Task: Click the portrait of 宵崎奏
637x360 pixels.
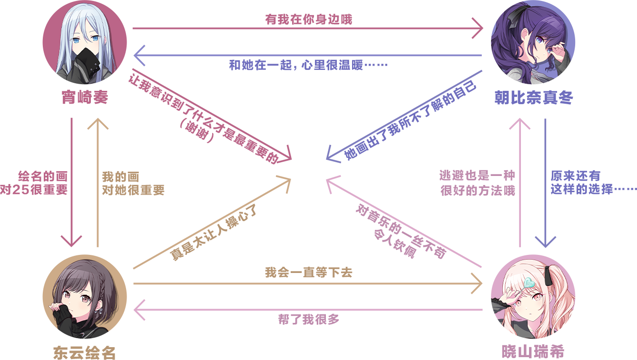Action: tap(85, 43)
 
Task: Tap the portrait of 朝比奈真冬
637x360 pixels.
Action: tap(533, 43)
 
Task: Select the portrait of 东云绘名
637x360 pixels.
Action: tap(85, 297)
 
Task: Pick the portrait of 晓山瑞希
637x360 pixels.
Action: tap(533, 297)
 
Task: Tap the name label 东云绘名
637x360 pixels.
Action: tap(85, 353)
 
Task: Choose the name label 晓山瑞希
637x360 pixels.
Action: tap(533, 352)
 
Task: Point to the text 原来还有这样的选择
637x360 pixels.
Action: tap(593, 183)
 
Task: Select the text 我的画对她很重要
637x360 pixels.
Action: tap(133, 184)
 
